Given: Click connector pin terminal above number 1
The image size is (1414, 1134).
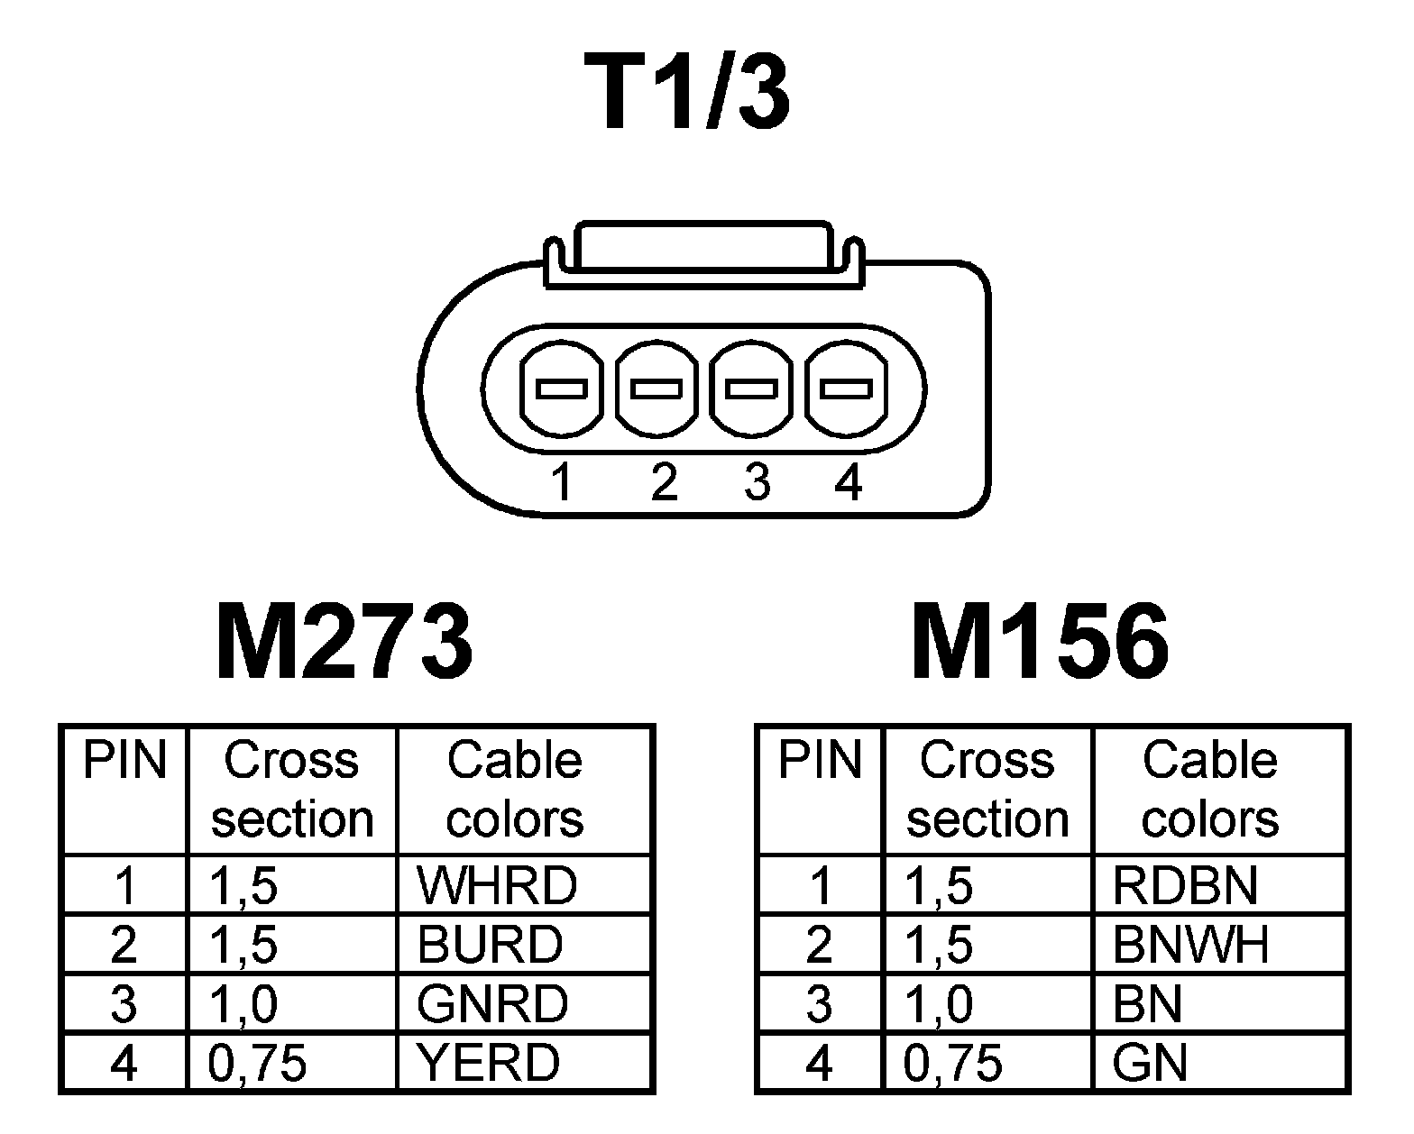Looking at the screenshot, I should [562, 389].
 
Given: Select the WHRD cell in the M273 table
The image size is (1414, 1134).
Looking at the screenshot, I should [496, 885].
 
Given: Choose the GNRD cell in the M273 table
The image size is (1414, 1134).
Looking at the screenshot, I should [492, 1003].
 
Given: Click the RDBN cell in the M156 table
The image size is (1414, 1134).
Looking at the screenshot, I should [1185, 885].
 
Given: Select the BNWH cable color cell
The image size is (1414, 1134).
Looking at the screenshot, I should [1190, 944].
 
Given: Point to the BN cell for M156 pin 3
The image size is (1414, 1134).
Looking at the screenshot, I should [1147, 1003].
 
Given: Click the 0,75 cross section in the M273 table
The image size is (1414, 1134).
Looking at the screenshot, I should [257, 1063].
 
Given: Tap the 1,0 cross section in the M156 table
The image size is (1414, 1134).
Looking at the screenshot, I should [938, 1003].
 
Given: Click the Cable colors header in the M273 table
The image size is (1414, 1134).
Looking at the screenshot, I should [515, 789].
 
